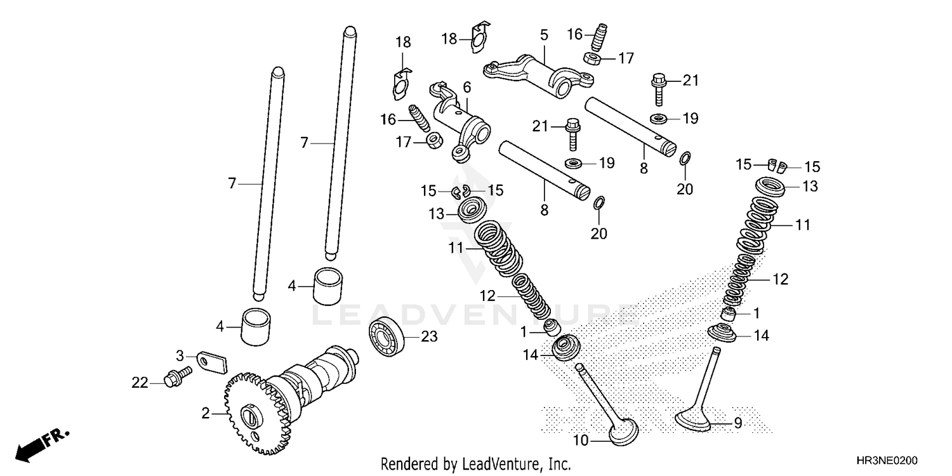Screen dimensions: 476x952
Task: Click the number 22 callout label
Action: (140, 383)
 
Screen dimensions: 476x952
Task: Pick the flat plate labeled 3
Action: (210, 361)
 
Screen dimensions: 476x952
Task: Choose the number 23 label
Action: (430, 337)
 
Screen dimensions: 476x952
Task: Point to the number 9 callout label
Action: (737, 423)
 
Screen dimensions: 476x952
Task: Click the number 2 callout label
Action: (205, 414)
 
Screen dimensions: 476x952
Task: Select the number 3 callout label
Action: (180, 355)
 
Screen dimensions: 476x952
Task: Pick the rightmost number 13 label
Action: (810, 187)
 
